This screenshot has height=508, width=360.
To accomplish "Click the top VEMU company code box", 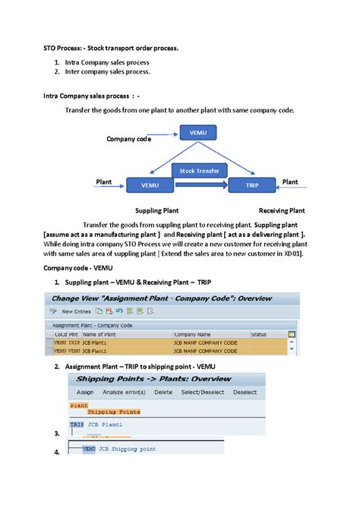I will pos(195,134).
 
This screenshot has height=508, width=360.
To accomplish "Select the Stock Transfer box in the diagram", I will pos(198,171).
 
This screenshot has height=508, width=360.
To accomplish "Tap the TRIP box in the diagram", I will pos(251,185).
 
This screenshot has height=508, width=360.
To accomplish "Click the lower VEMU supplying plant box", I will pos(150,185).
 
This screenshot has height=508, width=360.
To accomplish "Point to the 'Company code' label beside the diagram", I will pos(128,139).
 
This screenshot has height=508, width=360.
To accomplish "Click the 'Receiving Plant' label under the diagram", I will pos(282,210).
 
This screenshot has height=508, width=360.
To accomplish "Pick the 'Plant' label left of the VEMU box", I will pos(104,182).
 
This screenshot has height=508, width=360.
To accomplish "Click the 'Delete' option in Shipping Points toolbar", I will pos(163,393).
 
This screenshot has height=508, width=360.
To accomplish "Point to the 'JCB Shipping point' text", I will pos(122,449).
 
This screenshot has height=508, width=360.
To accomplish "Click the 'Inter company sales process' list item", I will pos(106,72).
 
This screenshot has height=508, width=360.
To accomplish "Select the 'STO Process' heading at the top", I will pos(110,48).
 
